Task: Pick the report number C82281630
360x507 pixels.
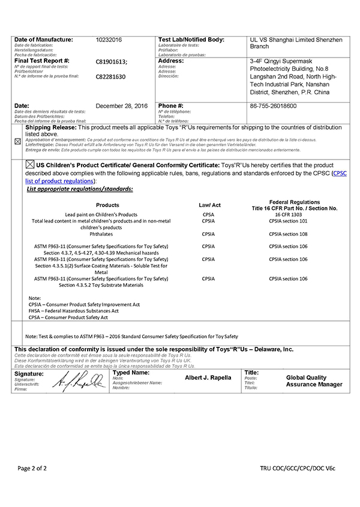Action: (x=111, y=77)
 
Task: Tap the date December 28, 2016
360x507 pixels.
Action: (x=121, y=106)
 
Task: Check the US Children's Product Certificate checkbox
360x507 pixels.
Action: (x=30, y=164)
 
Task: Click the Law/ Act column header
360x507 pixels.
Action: (x=210, y=205)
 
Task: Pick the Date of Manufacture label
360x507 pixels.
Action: (x=43, y=40)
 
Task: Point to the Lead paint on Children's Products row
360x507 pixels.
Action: (x=101, y=214)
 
